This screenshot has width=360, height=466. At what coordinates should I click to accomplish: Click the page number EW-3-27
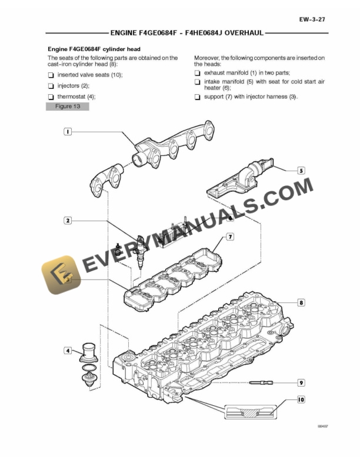pos(312,19)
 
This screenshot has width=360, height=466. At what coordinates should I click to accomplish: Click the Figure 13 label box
pos(68,106)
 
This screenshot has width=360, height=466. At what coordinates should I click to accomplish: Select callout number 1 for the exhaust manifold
pos(68,132)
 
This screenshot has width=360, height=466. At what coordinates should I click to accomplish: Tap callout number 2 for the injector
pos(68,221)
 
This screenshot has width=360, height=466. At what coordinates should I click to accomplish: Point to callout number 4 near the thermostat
pos(68,351)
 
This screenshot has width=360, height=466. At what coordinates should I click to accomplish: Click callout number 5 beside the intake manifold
pos(301,171)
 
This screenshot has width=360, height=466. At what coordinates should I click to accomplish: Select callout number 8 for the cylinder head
pos(301,303)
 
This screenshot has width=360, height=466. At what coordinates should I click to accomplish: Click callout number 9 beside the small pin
pos(301,382)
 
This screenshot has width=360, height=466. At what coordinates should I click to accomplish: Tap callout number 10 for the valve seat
pos(301,400)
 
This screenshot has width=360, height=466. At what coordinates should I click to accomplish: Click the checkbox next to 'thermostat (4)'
pos(51,96)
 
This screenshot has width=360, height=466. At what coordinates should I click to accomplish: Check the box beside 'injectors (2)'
pos(51,86)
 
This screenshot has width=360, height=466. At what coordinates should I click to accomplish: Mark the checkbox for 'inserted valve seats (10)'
pos(51,75)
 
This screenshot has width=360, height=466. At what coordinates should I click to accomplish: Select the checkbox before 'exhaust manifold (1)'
pos(197,72)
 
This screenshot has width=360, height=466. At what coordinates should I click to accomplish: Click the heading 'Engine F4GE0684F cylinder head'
pos(94,49)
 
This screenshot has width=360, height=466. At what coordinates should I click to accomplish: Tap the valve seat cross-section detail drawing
pos(251,412)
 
